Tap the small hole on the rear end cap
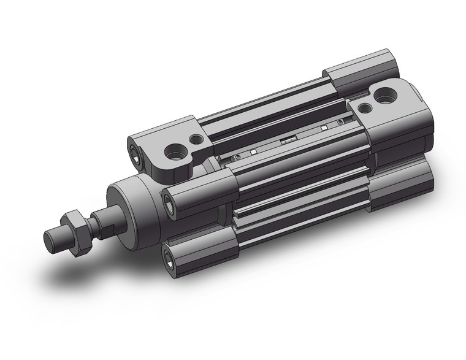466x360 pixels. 365,108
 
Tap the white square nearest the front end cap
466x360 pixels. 252,152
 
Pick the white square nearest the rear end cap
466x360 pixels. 323,128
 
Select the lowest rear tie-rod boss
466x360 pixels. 402,184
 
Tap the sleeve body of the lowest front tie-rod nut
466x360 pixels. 202,242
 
